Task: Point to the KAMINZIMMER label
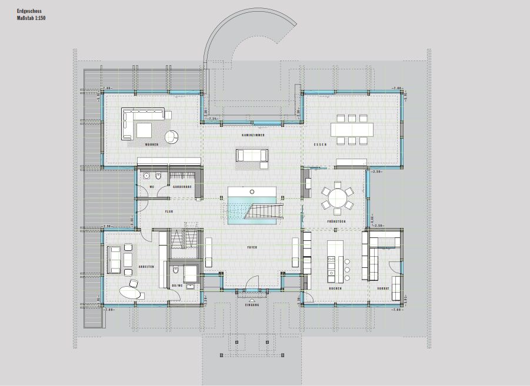[253, 135]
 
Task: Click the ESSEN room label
[320, 144]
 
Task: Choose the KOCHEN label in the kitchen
[335, 289]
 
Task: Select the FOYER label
[254, 249]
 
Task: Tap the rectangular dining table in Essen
[352, 129]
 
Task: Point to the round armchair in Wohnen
[171, 137]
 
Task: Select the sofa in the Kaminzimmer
[252, 155]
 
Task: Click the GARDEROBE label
[182, 187]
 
